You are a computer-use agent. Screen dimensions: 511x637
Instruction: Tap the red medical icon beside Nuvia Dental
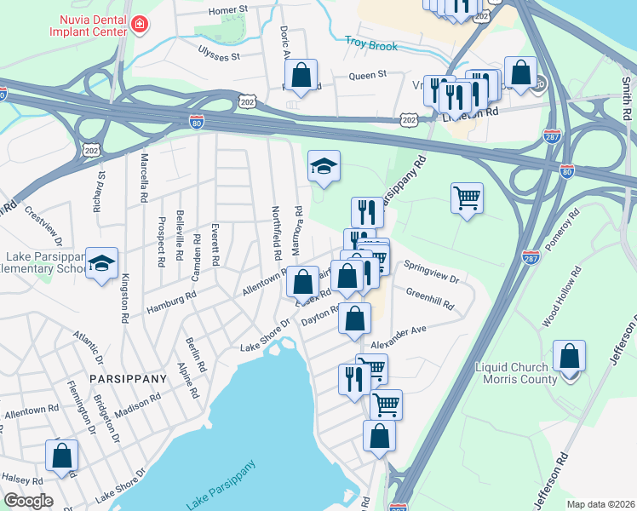(138, 27)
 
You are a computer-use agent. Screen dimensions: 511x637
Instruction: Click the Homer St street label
(228, 9)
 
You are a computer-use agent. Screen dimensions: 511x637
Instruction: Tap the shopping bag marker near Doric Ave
(301, 75)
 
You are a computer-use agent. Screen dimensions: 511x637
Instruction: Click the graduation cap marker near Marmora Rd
(324, 166)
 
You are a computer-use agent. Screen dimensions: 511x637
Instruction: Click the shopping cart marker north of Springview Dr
(467, 198)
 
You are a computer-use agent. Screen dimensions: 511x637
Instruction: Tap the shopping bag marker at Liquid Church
(569, 356)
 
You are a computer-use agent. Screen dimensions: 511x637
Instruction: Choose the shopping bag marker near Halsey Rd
(62, 455)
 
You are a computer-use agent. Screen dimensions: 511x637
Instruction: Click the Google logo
(28, 501)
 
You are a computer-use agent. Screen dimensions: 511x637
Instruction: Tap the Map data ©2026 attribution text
(600, 504)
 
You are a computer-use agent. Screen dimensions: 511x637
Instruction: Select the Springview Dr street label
(431, 272)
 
